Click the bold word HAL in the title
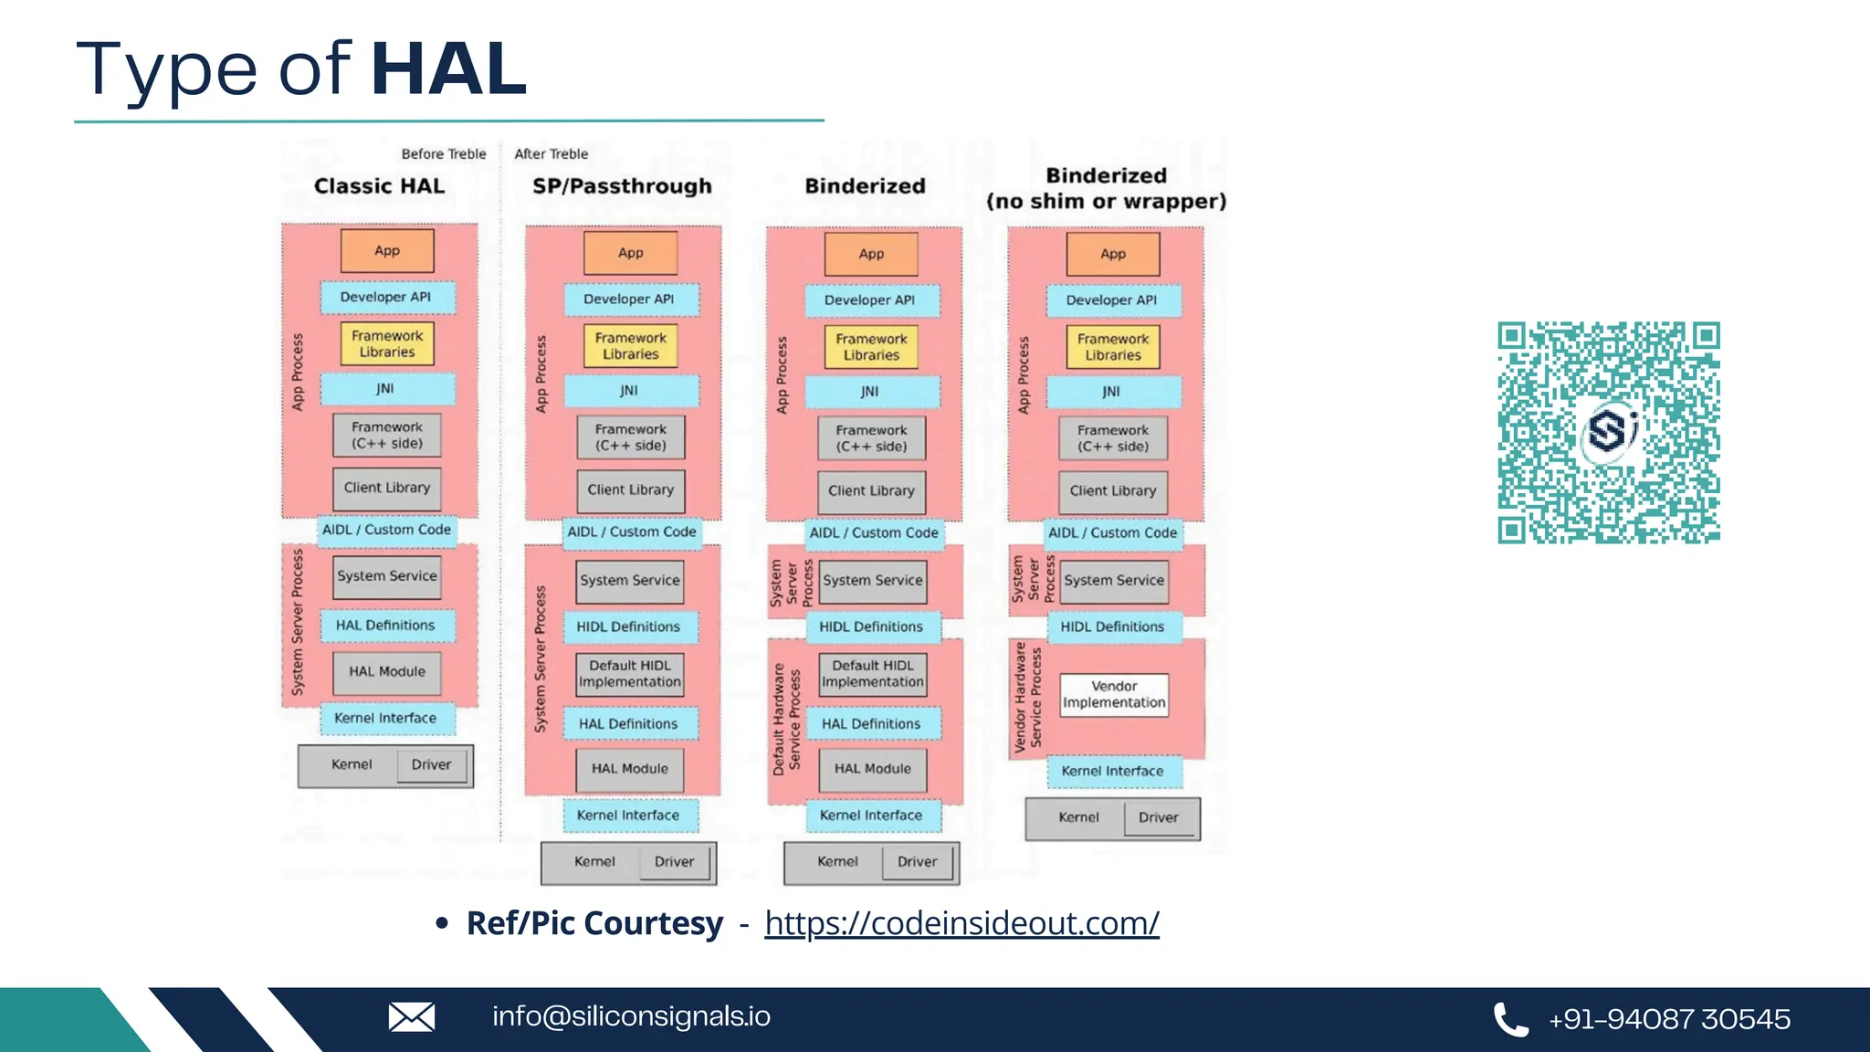[x=448, y=69]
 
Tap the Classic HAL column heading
[x=379, y=186]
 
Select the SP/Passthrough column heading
[x=622, y=186]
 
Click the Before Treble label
[x=444, y=154]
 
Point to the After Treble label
[x=551, y=154]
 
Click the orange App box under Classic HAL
[x=387, y=251]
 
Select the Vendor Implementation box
[x=1114, y=695]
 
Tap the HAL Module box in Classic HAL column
[x=387, y=672]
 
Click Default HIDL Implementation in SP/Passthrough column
[x=630, y=674]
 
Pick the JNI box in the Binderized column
[x=871, y=392]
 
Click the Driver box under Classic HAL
[x=431, y=765]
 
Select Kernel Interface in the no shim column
[x=1113, y=772]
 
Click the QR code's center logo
[x=1609, y=431]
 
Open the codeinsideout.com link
[x=961, y=923]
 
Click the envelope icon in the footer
[x=412, y=1017]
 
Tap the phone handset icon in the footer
[x=1510, y=1019]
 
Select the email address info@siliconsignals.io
[x=631, y=1016]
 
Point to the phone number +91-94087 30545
[x=1669, y=1019]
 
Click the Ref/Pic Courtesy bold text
[x=594, y=923]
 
